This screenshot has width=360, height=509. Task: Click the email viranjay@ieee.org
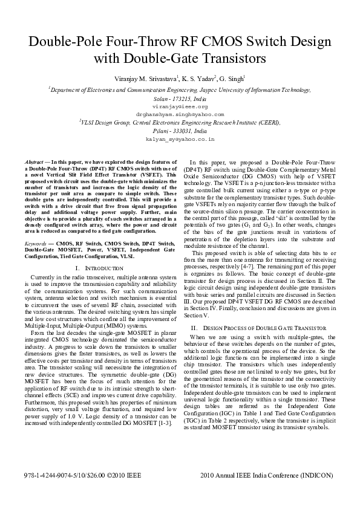click(x=180, y=105)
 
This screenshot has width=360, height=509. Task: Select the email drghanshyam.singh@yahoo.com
click(x=180, y=113)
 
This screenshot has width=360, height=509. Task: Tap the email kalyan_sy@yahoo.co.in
click(x=180, y=138)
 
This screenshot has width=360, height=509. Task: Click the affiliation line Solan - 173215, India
click(x=180, y=97)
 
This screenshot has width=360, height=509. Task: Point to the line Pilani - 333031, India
click(x=180, y=130)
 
